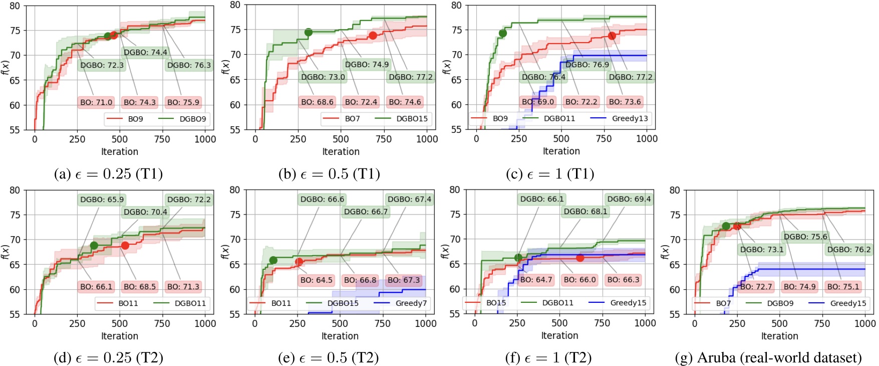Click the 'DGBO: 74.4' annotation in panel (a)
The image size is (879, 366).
tap(145, 52)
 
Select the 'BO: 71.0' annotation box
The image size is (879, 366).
tap(96, 102)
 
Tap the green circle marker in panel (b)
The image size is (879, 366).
tap(309, 32)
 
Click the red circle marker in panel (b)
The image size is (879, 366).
tap(373, 36)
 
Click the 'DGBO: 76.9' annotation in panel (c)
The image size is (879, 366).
tap(587, 64)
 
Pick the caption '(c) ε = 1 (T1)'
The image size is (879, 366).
tap(550, 174)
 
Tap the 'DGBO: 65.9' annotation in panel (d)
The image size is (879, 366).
tap(102, 199)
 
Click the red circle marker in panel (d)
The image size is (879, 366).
tap(125, 245)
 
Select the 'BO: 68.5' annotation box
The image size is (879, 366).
tap(140, 286)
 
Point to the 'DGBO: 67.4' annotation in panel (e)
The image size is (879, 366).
tap(409, 199)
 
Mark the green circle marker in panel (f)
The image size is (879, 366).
tap(518, 258)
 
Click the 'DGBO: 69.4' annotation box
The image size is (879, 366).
tap(629, 199)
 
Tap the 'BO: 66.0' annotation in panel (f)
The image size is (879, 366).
tap(579, 280)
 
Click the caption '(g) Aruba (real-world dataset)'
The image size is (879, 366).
tap(768, 358)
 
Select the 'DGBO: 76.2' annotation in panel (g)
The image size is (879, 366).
tap(848, 249)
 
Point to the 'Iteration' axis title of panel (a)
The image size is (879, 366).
tap(119, 151)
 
